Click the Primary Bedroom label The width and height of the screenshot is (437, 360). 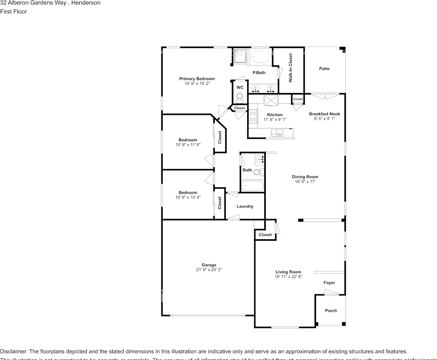tap(197, 79)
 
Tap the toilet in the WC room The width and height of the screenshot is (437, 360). tap(240, 97)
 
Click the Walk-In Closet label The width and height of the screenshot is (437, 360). tap(290, 68)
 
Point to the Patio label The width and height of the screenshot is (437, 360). tap(324, 69)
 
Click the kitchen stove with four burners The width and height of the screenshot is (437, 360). tap(252, 117)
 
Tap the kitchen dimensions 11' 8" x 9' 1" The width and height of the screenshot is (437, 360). tap(275, 120)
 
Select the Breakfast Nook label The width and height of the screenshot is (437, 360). tap(325, 114)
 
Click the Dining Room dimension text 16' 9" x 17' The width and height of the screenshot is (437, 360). tap(305, 182)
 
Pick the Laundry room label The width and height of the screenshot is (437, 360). tap(245, 206)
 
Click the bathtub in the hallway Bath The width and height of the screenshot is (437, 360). tap(252, 186)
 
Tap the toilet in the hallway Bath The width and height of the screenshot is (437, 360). tap(258, 172)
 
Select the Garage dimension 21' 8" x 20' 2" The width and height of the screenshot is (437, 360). tap(209, 270)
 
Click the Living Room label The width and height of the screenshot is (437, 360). tap(288, 272)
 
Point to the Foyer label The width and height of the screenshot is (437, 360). tap(329, 283)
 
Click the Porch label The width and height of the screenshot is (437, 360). tap(331, 310)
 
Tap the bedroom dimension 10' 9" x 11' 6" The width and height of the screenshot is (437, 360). tap(188, 144)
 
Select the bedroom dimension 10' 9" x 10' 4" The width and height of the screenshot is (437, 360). tap(188, 197)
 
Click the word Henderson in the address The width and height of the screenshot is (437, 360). tap(86, 3)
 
